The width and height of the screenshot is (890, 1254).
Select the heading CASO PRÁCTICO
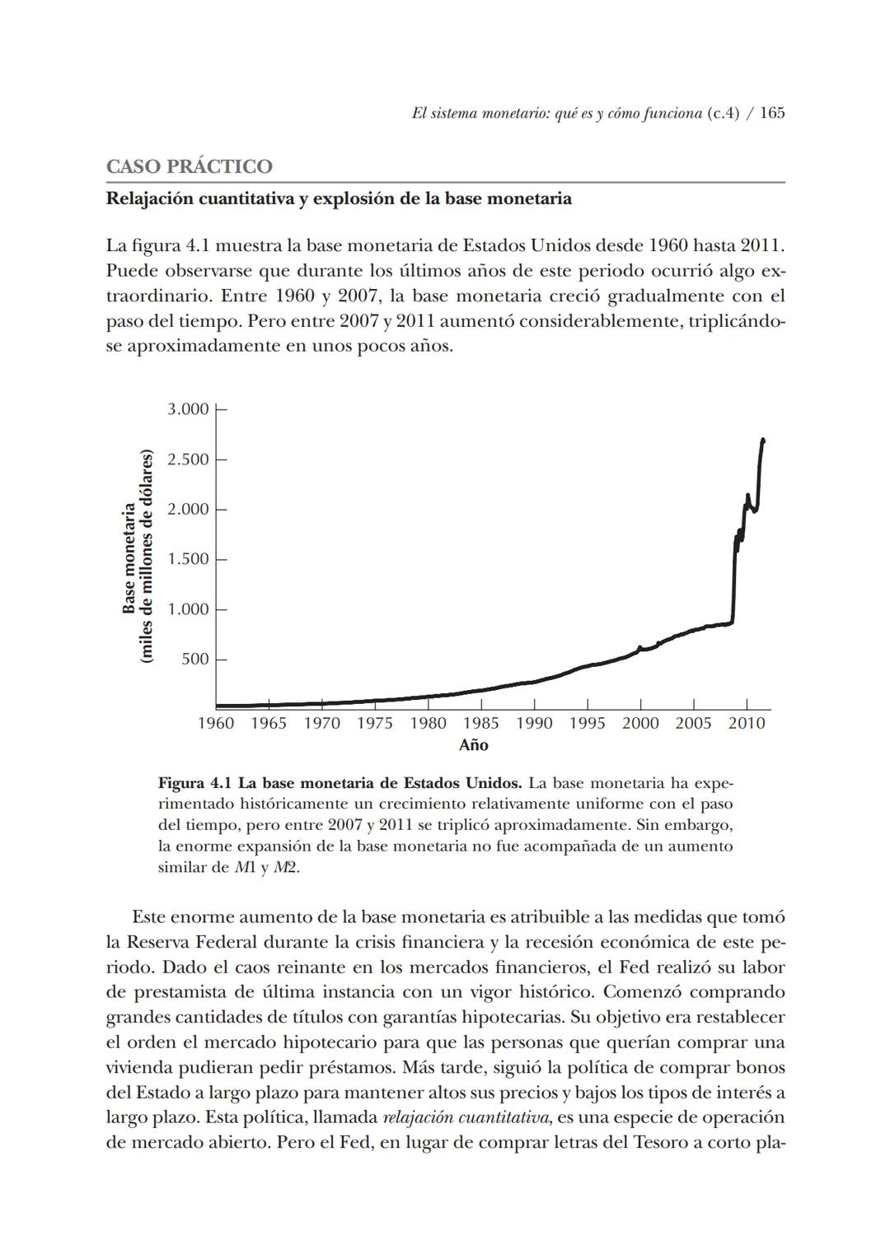pyautogui.click(x=189, y=166)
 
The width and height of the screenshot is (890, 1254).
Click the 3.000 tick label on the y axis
pyautogui.click(x=188, y=409)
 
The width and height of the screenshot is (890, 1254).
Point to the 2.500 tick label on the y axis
pyautogui.click(x=188, y=459)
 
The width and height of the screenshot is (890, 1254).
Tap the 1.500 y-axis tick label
pyautogui.click(x=188, y=559)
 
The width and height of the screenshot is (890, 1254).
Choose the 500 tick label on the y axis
pyautogui.click(x=194, y=660)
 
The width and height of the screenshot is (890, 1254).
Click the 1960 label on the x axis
pyautogui.click(x=216, y=724)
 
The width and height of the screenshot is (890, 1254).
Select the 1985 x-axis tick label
pyautogui.click(x=480, y=724)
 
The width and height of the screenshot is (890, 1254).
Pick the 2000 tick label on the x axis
pyautogui.click(x=640, y=724)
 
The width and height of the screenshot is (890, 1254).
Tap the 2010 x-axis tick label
pyautogui.click(x=747, y=724)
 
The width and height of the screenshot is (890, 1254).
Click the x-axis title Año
pyautogui.click(x=473, y=745)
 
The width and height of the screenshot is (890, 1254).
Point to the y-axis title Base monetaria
pyautogui.click(x=129, y=558)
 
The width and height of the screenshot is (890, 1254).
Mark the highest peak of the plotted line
pyautogui.click(x=763, y=441)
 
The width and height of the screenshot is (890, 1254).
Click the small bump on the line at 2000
pyautogui.click(x=639, y=648)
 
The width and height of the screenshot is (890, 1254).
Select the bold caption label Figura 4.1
pyautogui.click(x=194, y=781)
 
